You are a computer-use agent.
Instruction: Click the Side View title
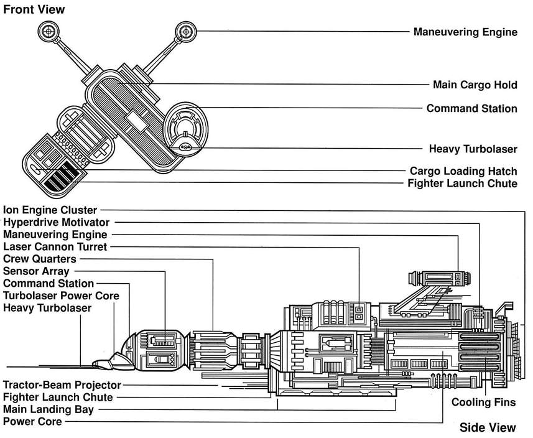[x=488, y=427]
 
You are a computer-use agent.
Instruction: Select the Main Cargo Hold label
[x=475, y=85]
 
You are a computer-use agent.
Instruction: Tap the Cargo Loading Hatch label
[x=463, y=171]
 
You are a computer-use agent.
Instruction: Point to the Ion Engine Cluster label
[x=49, y=210]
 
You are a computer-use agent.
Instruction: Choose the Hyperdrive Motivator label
[x=56, y=222]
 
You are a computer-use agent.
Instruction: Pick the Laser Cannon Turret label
[x=55, y=247]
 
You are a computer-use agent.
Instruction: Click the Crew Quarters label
[x=40, y=259]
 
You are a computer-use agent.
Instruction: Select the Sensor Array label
[x=36, y=271]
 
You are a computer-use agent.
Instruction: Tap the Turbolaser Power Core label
[x=61, y=296]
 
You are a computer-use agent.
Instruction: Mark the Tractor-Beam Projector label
[x=62, y=385]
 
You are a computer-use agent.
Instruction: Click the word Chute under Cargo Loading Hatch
[x=501, y=184]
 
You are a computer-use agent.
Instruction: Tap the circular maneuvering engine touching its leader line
[x=185, y=30]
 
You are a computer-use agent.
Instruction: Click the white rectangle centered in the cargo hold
[x=136, y=123]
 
